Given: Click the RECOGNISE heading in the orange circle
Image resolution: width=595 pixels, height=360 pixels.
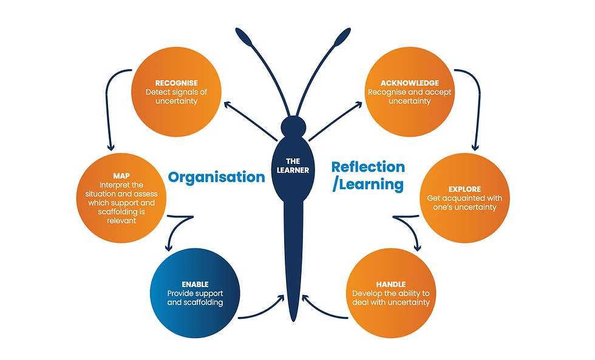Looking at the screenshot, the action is tap(177, 83).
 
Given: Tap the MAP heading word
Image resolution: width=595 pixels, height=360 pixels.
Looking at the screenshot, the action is tap(121, 176).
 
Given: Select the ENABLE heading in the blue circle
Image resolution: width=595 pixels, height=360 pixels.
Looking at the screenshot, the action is tap(195, 285).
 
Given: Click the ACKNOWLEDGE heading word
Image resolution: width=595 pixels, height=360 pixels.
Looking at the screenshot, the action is tap(410, 83).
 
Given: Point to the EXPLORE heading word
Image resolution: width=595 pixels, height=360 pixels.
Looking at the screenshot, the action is tap(465, 189).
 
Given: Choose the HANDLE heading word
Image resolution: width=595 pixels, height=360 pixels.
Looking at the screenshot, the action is tap(391, 285).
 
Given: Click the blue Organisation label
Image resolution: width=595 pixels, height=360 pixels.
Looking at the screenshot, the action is tap(216, 177).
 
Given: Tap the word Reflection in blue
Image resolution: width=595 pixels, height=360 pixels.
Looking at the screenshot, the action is tap(368, 167).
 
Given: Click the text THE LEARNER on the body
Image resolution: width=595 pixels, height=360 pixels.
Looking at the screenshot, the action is tap(293, 166).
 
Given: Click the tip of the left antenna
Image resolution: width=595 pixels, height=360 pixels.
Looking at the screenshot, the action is tap(237, 30).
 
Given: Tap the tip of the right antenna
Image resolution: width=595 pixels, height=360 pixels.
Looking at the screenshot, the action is tap(348, 30).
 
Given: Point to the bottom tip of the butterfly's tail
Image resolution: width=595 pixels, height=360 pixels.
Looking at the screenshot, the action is tap(293, 321).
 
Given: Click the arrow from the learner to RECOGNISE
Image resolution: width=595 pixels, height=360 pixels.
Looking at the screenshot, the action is tap(250, 121).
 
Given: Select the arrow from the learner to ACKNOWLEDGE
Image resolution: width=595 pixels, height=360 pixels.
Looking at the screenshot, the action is tap(335, 121).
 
